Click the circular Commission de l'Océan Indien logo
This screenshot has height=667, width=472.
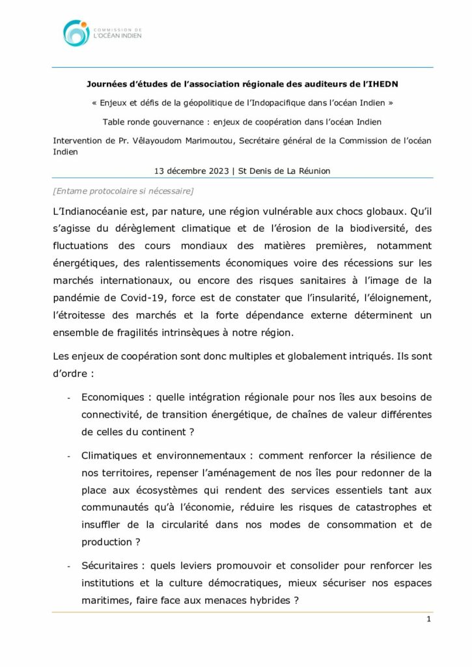(x=76, y=33)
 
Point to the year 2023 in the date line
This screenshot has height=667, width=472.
(x=214, y=171)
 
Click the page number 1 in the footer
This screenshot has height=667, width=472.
(x=428, y=619)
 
